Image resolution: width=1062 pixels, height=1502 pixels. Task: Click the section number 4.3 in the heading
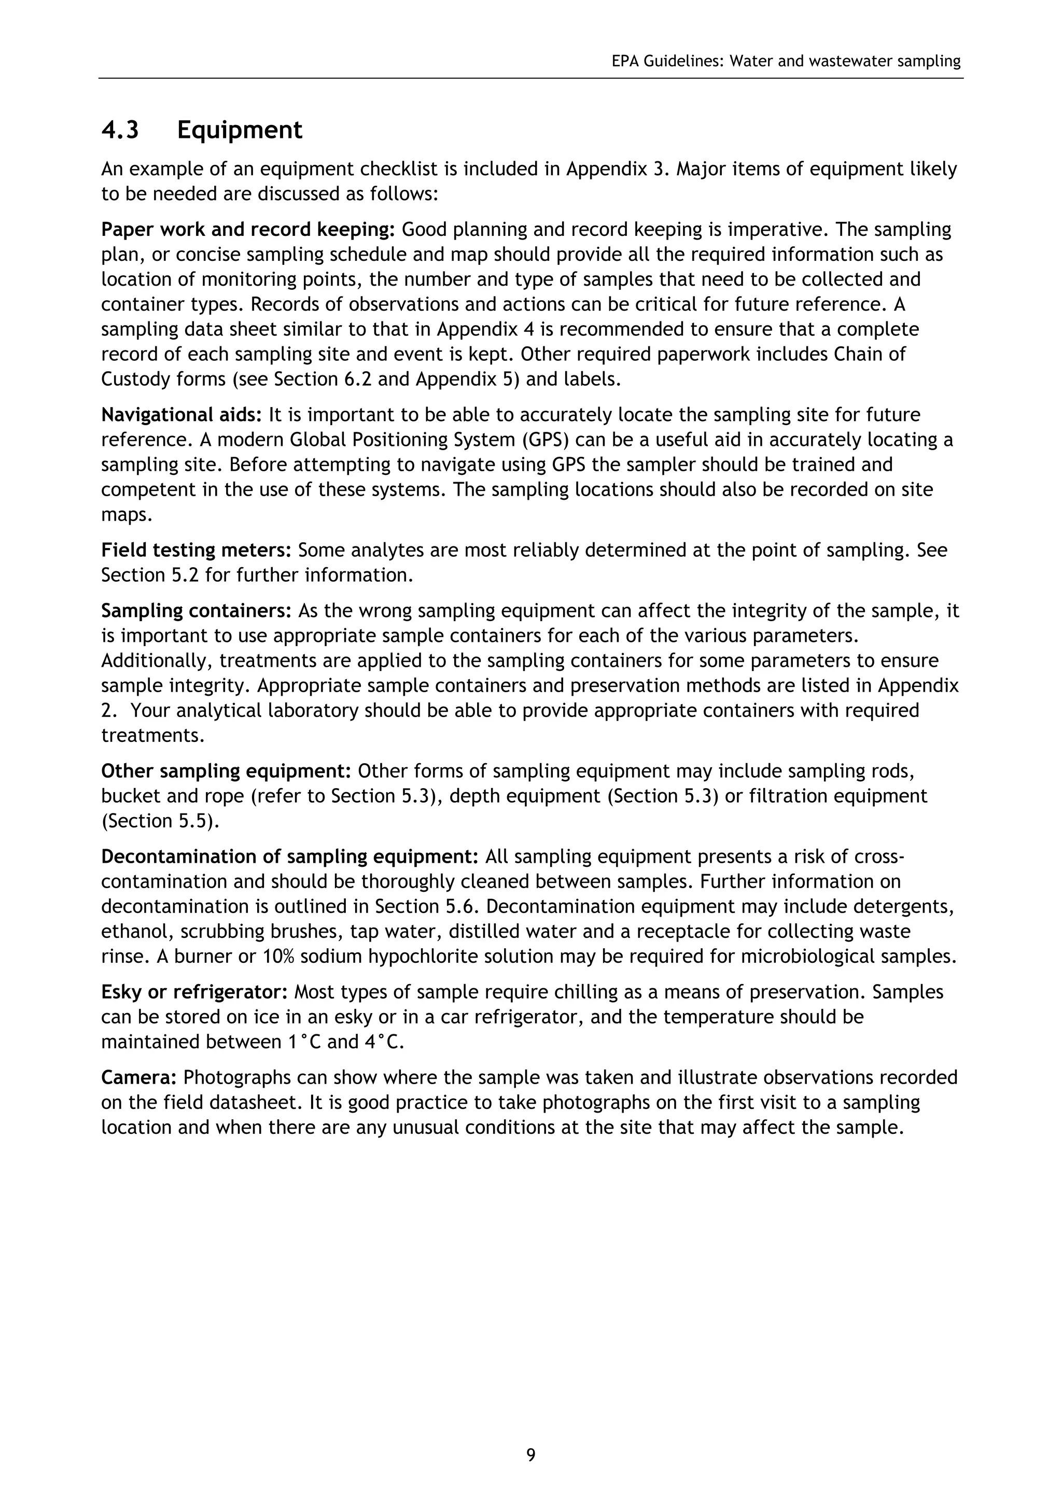click(x=120, y=130)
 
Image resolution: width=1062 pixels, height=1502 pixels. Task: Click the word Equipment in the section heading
click(x=240, y=130)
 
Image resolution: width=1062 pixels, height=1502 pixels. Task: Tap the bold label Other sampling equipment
click(x=227, y=771)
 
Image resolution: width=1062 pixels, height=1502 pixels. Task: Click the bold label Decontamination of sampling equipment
click(x=290, y=857)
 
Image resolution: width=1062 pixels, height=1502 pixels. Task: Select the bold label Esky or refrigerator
click(x=194, y=992)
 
